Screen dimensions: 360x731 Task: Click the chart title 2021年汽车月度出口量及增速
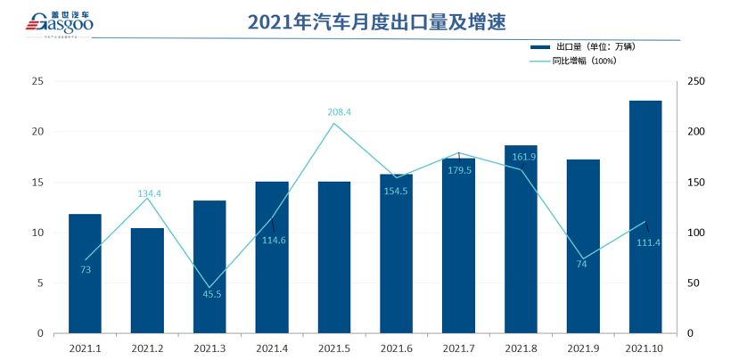point(365,20)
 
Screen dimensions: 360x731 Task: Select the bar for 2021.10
point(645,217)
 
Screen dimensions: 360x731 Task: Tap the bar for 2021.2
point(147,281)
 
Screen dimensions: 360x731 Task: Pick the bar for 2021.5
point(334,258)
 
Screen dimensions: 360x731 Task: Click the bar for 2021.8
point(521,239)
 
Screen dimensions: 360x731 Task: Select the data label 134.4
point(150,193)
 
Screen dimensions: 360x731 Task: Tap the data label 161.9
point(524,157)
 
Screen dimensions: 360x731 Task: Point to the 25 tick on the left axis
point(37,81)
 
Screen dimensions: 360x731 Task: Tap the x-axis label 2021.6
point(397,348)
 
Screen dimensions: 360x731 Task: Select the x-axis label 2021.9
point(583,348)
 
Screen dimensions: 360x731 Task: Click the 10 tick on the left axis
point(37,233)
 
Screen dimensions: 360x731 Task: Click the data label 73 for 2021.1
point(86,269)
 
